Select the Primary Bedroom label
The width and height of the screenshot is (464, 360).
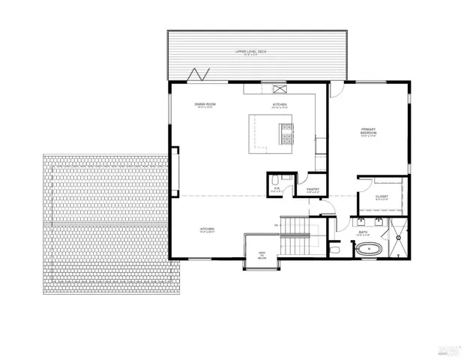click(x=367, y=132)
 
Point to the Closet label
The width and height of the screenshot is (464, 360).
click(x=382, y=197)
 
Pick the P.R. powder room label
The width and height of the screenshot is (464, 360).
click(x=276, y=190)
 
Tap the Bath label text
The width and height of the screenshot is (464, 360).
click(x=363, y=232)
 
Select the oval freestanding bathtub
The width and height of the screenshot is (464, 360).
click(x=370, y=249)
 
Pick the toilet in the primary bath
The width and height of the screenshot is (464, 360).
click(x=337, y=247)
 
